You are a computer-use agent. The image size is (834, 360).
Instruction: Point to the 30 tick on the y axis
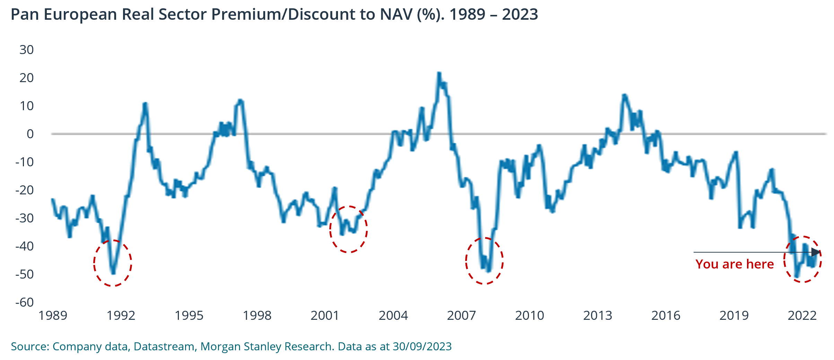pyautogui.click(x=26, y=50)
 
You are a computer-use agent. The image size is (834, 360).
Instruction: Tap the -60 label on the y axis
pyautogui.click(x=24, y=302)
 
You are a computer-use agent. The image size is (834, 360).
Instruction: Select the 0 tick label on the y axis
pyautogui.click(x=30, y=134)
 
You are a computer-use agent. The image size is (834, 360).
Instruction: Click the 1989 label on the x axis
pyautogui.click(x=53, y=316)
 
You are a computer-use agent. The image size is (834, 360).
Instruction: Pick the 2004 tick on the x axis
pyautogui.click(x=393, y=316)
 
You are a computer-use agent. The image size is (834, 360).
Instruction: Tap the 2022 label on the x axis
pyautogui.click(x=802, y=316)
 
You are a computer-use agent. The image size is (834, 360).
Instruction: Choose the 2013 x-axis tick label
pyautogui.click(x=598, y=316)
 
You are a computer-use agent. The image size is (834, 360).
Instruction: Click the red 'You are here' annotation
pyautogui.click(x=735, y=264)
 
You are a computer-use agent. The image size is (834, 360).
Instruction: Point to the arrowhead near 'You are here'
pyautogui.click(x=816, y=252)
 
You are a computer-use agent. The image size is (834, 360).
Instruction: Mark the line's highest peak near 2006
pyautogui.click(x=439, y=73)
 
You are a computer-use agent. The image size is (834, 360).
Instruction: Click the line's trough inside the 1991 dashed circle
pyautogui.click(x=113, y=273)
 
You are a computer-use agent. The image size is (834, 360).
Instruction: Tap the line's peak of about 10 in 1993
pyautogui.click(x=145, y=104)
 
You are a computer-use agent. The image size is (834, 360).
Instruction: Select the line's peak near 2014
pyautogui.click(x=624, y=95)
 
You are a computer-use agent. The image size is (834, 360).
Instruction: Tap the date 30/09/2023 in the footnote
pyautogui.click(x=422, y=346)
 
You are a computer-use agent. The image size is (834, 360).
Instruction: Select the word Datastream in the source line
pyautogui.click(x=164, y=346)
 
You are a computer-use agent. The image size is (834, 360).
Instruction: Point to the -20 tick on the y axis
pyautogui.click(x=24, y=190)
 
